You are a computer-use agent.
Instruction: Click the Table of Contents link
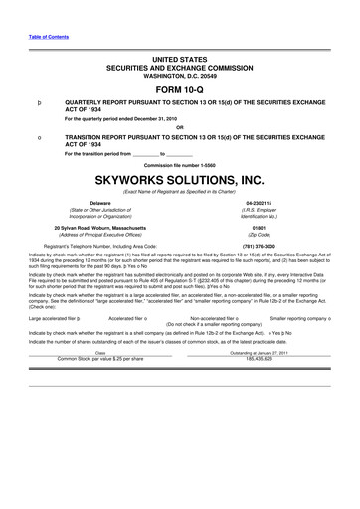point(41,36)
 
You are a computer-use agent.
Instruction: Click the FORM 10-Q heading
point(179,87)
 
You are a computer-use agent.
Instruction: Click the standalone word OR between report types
point(179,125)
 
